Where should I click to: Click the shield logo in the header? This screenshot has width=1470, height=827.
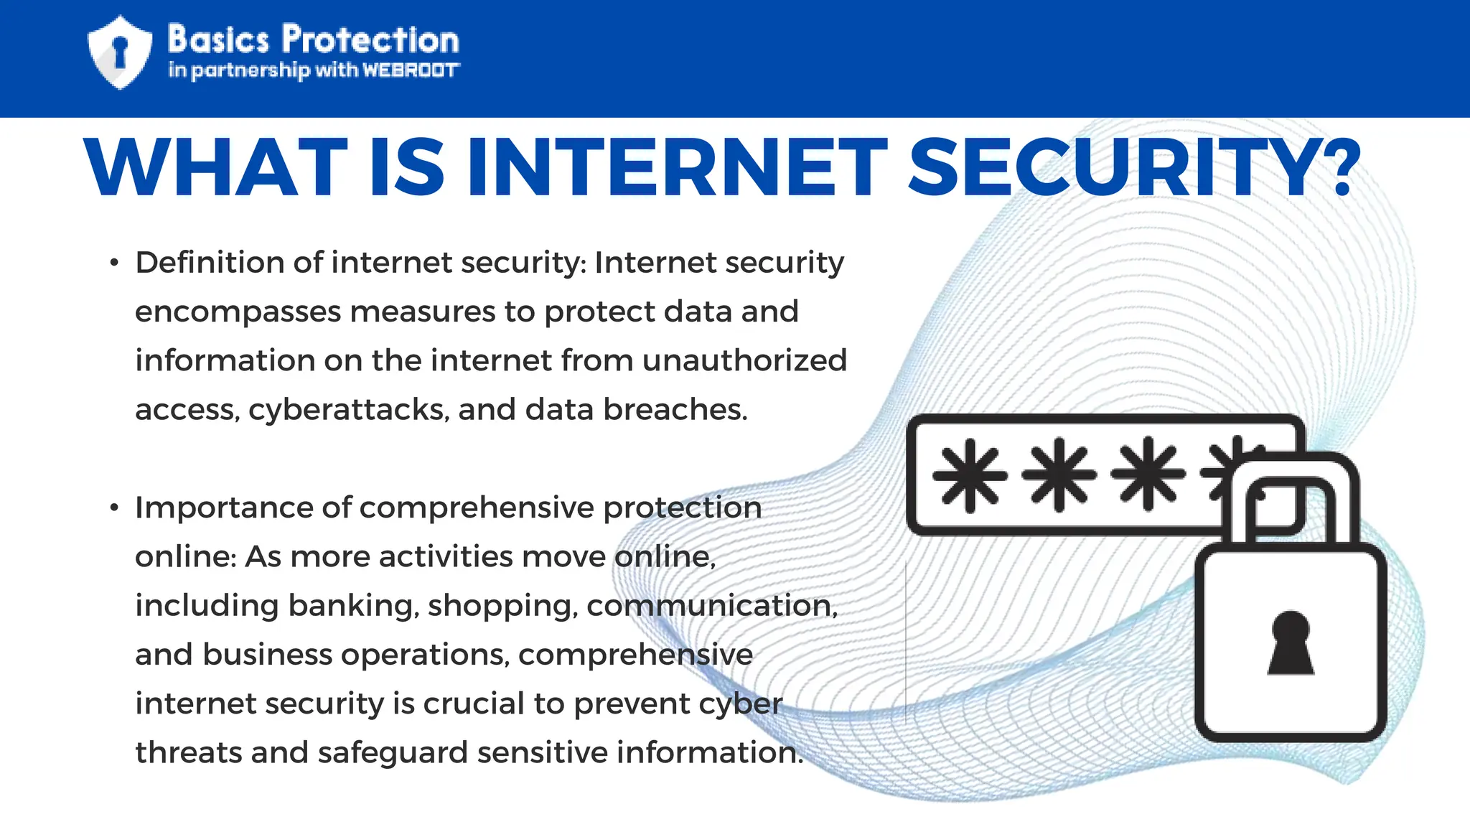pyautogui.click(x=119, y=52)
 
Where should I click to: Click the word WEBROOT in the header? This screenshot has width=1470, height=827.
pyautogui.click(x=411, y=70)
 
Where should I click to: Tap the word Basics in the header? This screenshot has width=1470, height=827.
pyautogui.click(x=218, y=39)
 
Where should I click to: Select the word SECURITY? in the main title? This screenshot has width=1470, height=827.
pyautogui.click(x=1134, y=168)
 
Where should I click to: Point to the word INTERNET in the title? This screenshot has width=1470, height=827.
pyautogui.click(x=678, y=168)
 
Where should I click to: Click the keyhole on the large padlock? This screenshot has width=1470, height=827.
pyautogui.click(x=1290, y=643)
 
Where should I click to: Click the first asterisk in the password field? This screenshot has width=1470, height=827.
pyautogui.click(x=970, y=475)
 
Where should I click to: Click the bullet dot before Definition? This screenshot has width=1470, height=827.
pyautogui.click(x=114, y=263)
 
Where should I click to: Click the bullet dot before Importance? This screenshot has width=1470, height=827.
pyautogui.click(x=114, y=508)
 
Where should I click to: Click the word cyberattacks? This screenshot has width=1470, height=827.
pyautogui.click(x=349, y=410)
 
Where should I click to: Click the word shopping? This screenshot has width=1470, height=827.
pyautogui.click(x=503, y=606)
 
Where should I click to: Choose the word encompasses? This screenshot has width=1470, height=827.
pyautogui.click(x=238, y=312)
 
